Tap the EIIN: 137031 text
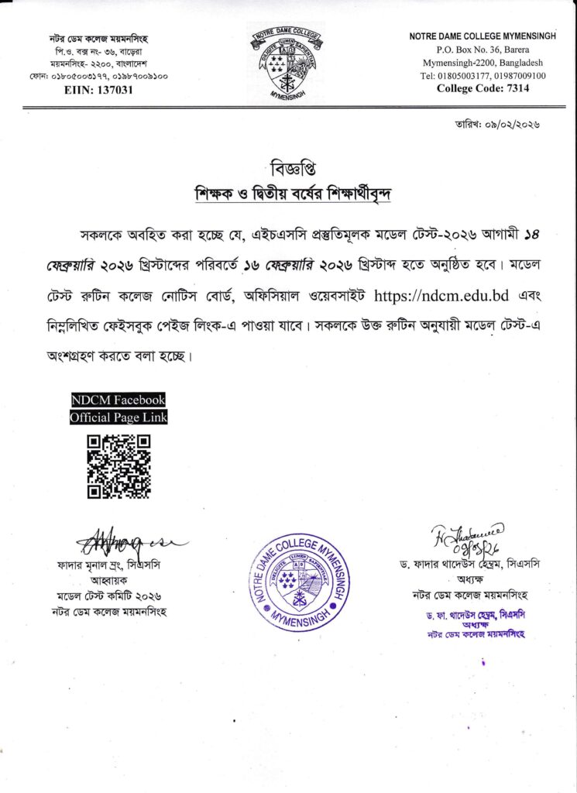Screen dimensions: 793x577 97,90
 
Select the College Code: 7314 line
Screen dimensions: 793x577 483,88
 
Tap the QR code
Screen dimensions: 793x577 118,466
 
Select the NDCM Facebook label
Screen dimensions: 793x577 118,400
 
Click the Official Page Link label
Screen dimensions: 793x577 118,417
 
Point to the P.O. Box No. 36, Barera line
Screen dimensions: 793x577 483,50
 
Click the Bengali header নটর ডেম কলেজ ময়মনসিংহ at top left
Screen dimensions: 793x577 97,39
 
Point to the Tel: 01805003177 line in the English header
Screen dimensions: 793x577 483,76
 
